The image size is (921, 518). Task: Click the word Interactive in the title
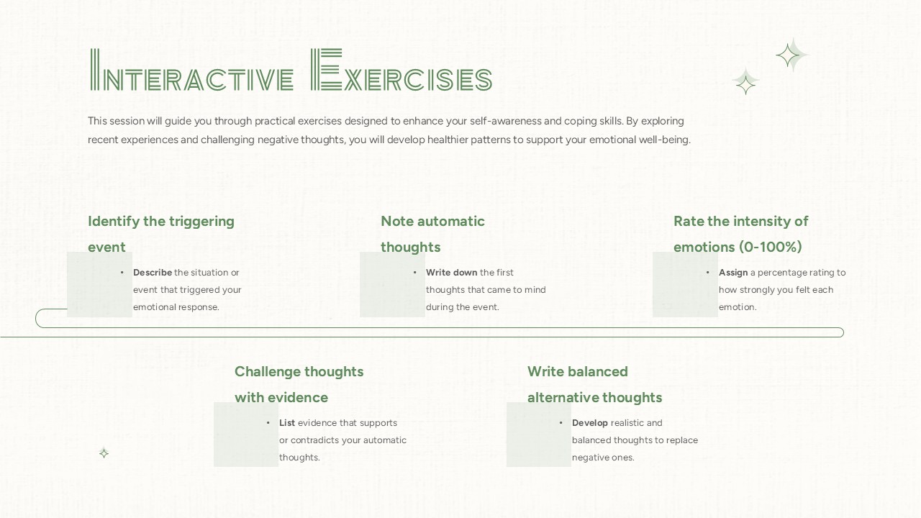pos(192,72)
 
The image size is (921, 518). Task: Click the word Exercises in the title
pos(401,72)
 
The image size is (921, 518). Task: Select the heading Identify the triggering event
pos(161,234)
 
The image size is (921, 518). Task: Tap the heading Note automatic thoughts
pos(432,234)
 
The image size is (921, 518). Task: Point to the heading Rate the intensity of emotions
pos(740,234)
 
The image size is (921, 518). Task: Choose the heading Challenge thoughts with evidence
pos(299,384)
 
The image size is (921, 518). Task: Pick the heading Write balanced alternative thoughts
pos(594,384)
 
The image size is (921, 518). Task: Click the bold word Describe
pos(153,273)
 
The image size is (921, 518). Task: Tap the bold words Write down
pos(451,273)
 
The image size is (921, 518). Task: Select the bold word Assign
pos(733,273)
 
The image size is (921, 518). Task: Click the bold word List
pos(287,423)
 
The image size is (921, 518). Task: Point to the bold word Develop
pos(590,423)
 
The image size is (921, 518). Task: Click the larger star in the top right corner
pos(790,55)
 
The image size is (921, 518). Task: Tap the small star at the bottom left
pos(104,453)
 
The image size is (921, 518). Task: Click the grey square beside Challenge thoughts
pos(245,435)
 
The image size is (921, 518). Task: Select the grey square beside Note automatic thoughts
pos(391,285)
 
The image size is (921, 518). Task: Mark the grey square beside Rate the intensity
pos(684,285)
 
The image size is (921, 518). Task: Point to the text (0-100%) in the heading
pos(771,247)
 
